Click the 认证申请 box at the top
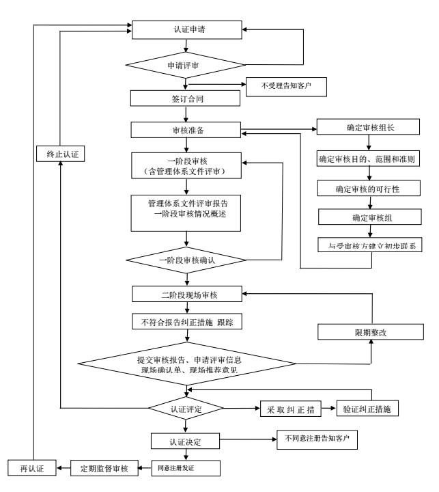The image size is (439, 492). [186, 31]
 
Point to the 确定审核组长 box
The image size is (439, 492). [369, 128]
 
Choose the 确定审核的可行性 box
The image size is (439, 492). [369, 187]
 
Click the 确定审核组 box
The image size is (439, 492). [369, 217]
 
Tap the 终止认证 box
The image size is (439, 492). [60, 154]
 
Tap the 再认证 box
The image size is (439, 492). [31, 469]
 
